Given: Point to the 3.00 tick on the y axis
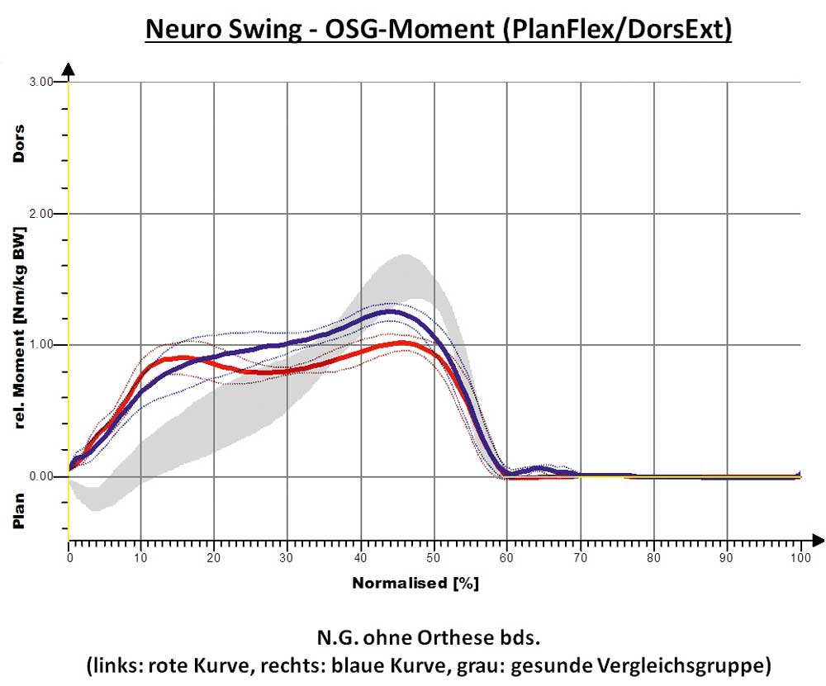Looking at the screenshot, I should (40, 82).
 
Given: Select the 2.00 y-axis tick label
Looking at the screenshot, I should (40, 214).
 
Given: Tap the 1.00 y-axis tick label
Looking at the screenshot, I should (40, 345).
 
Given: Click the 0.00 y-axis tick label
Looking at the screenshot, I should (40, 476).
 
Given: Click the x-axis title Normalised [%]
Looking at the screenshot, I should (415, 583).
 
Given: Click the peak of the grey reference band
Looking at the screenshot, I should (405, 255).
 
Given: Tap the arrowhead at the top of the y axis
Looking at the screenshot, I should (69, 69).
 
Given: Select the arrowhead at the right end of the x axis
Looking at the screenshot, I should (817, 541).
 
